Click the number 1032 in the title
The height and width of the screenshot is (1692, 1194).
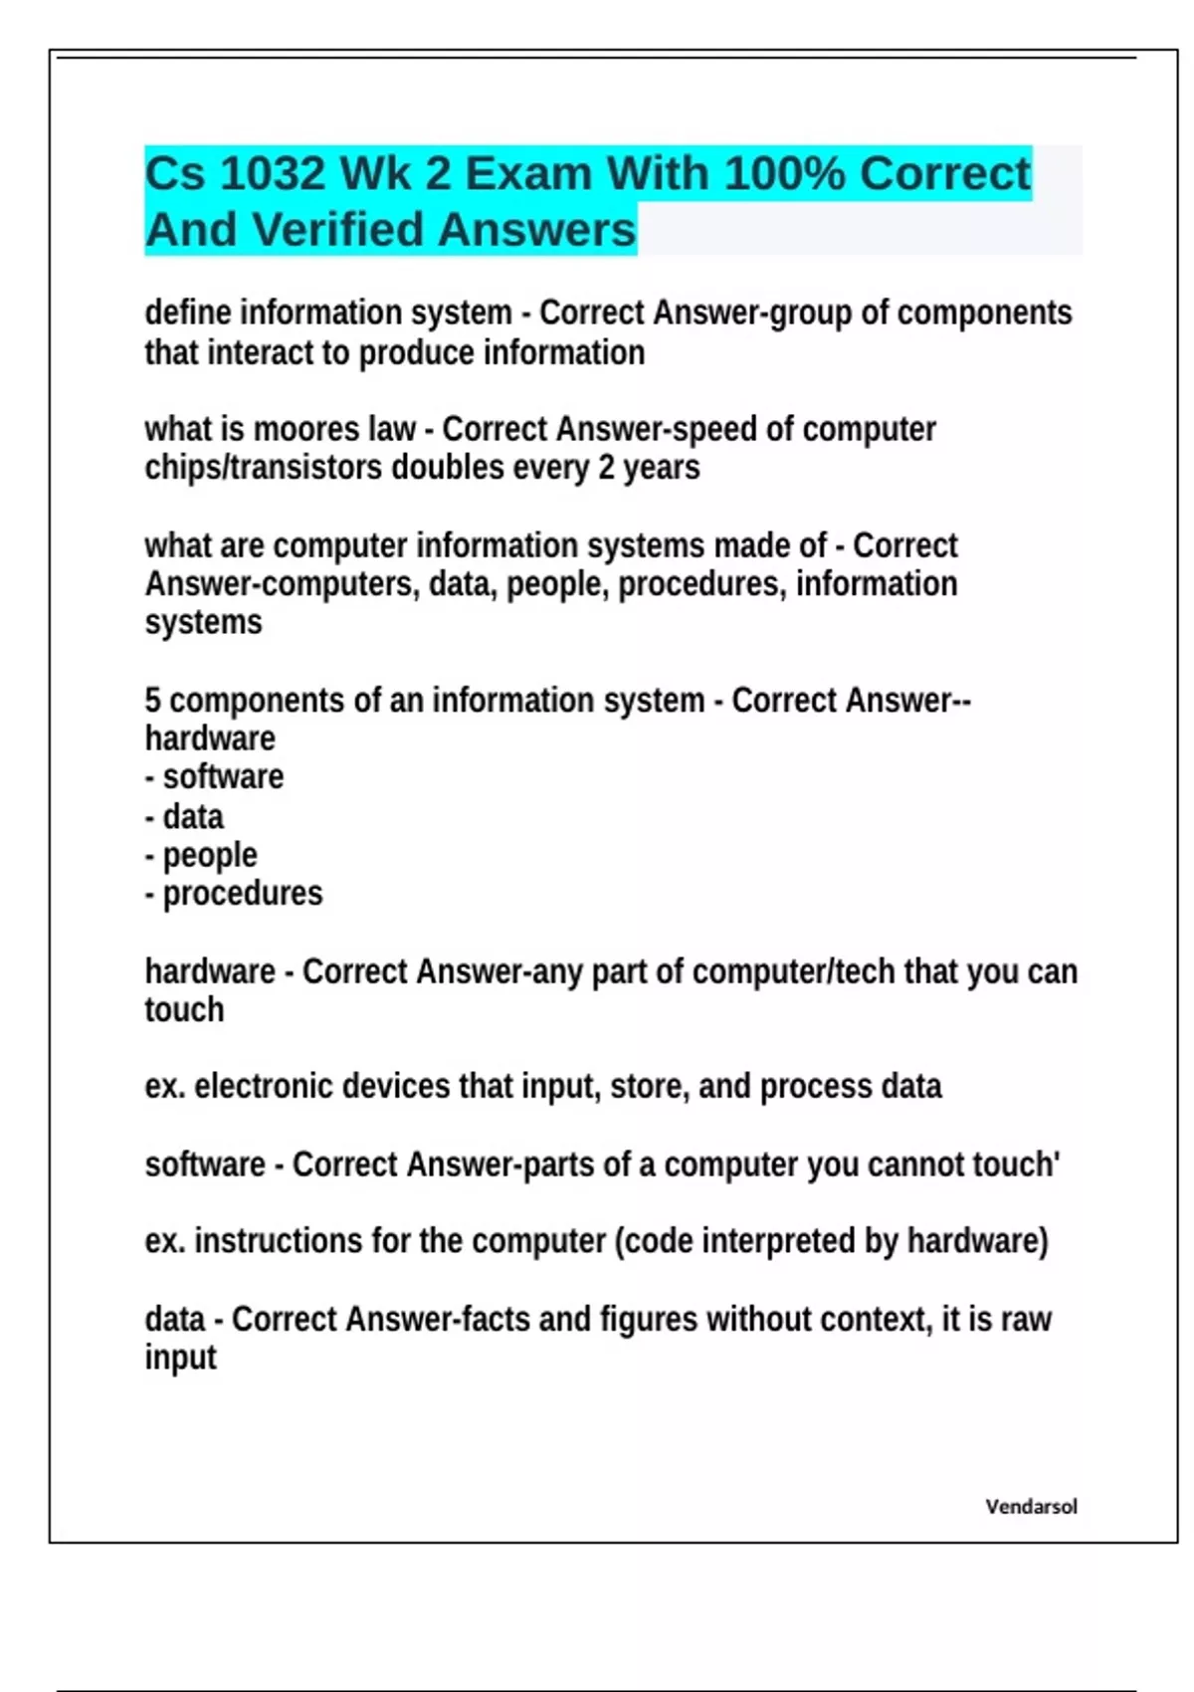(272, 174)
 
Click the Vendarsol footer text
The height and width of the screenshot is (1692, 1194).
(1031, 1507)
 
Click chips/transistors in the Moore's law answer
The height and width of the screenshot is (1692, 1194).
(264, 468)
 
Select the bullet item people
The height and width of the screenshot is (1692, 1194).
(210, 855)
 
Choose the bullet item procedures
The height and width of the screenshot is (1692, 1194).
(243, 894)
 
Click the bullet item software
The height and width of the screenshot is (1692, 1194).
(223, 777)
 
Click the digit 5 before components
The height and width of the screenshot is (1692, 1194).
(152, 701)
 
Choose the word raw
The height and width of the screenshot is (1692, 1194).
(1026, 1320)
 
